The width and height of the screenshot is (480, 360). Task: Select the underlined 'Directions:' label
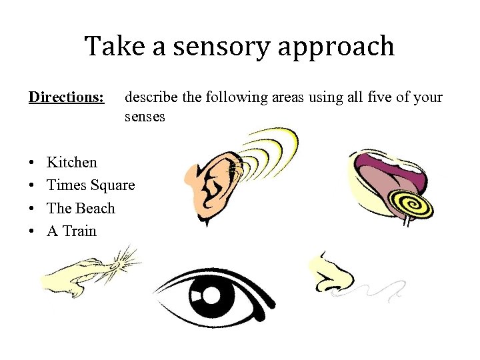pyautogui.click(x=66, y=97)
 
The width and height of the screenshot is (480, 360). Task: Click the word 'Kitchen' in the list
pyautogui.click(x=72, y=162)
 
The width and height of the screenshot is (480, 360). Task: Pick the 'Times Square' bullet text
pyautogui.click(x=91, y=185)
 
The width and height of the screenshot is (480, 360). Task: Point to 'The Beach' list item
pyautogui.click(x=81, y=208)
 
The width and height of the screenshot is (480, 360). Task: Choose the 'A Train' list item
pyautogui.click(x=71, y=231)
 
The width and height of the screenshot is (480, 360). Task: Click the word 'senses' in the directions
pyautogui.click(x=145, y=117)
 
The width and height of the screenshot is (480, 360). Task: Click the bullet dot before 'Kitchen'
pyautogui.click(x=32, y=163)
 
